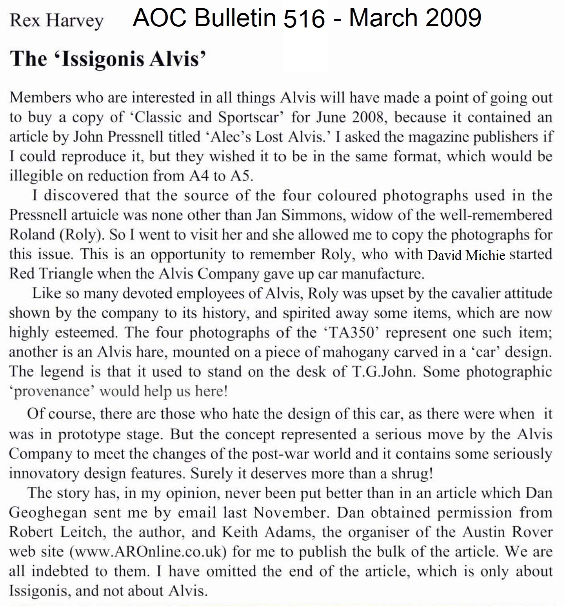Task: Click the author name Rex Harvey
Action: (x=56, y=20)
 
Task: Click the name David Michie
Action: (x=466, y=255)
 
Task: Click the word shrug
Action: (x=412, y=473)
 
